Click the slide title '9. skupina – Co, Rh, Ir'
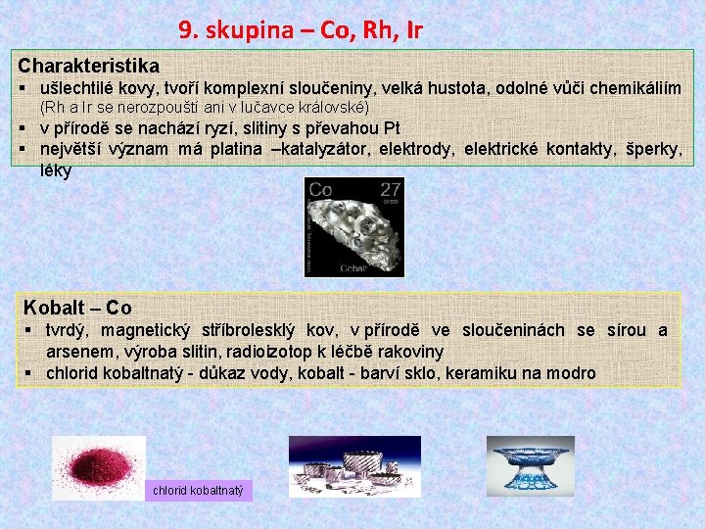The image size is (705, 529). tap(301, 30)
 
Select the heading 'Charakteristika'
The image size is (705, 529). tap(88, 67)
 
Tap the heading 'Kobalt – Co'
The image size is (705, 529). tap(76, 308)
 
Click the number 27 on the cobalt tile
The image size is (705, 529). tap(391, 189)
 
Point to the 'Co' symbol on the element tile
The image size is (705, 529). tap(320, 189)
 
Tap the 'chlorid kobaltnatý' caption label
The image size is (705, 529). tap(199, 490)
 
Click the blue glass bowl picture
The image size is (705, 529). tap(530, 464)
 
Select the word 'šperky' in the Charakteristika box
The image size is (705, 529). tap(653, 149)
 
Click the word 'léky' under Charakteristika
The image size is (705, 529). tap(56, 169)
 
